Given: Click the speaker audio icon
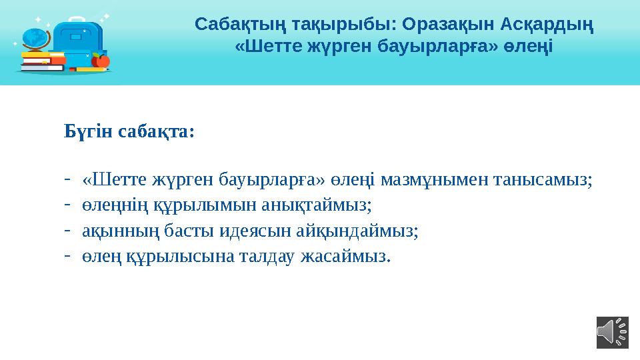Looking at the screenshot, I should click(612, 331).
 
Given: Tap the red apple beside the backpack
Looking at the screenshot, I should click(100, 61).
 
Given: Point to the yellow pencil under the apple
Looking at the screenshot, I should click(91, 69).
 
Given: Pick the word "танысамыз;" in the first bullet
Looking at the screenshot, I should click(549, 179).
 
